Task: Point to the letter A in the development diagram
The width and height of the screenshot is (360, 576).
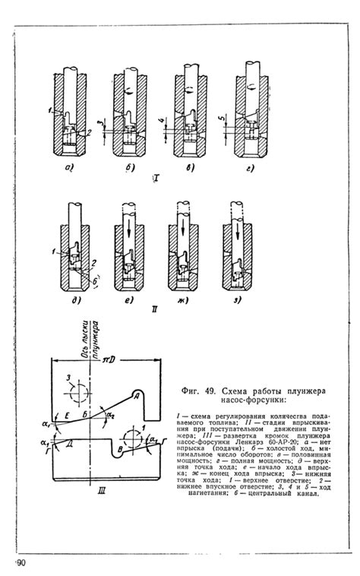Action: tap(134, 395)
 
